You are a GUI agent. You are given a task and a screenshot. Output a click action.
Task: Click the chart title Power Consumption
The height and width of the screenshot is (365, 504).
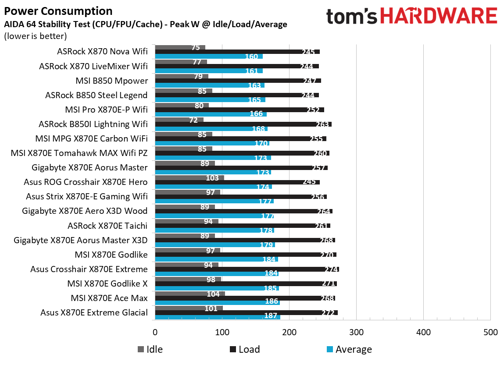tap(58, 11)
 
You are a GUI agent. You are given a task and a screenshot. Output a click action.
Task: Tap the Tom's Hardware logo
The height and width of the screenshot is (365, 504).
tap(411, 16)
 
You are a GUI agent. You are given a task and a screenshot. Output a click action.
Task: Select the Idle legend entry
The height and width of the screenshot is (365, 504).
tap(150, 349)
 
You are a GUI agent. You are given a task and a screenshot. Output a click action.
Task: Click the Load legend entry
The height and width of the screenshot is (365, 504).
tap(244, 349)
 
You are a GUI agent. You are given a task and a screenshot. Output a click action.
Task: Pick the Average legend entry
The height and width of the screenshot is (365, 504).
tap(349, 349)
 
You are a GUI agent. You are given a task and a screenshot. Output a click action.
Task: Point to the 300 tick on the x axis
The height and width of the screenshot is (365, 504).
tap(356, 332)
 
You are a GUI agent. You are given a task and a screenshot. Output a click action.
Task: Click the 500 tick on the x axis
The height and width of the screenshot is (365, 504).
tap(490, 332)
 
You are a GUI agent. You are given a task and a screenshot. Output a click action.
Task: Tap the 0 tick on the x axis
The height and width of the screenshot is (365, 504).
tap(155, 332)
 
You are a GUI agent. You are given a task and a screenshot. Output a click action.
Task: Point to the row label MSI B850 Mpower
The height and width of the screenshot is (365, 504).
tap(112, 81)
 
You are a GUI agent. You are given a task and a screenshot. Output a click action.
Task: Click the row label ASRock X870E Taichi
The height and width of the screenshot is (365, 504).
tap(107, 226)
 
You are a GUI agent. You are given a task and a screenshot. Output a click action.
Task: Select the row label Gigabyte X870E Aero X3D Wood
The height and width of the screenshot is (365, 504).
tap(85, 211)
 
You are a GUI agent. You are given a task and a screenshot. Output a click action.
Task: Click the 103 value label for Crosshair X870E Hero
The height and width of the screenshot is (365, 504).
tap(212, 178)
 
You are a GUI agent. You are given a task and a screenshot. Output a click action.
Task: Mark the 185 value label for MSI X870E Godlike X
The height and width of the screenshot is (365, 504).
tap(271, 288)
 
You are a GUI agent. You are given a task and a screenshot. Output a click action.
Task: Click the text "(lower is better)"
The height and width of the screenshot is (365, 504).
tap(36, 36)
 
